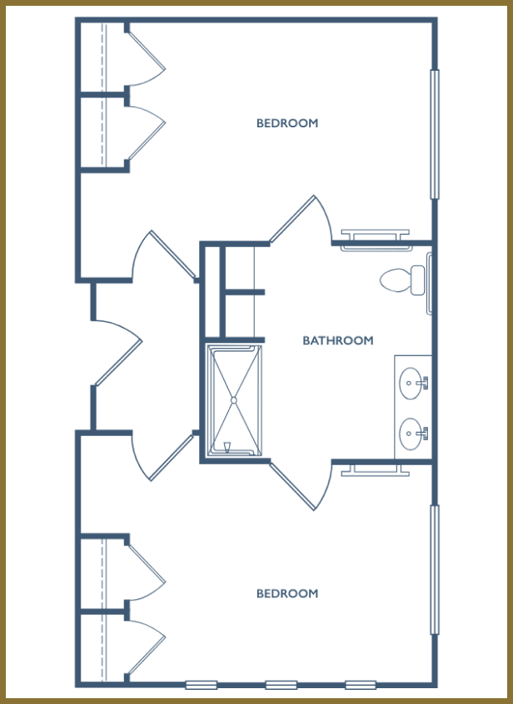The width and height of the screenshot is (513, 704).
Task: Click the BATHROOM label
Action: (338, 340)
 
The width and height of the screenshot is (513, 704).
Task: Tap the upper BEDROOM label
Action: (287, 123)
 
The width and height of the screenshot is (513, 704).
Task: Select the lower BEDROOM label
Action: (287, 593)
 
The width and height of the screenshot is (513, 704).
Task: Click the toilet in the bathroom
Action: (402, 280)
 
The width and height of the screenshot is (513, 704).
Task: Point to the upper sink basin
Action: (411, 383)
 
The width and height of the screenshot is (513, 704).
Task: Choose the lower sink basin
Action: (411, 434)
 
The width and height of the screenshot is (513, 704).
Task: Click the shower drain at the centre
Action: (233, 399)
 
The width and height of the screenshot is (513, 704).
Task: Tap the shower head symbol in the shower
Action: (227, 447)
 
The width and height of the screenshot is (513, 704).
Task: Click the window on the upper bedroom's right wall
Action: (435, 134)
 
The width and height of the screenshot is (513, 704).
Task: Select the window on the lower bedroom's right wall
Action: (435, 569)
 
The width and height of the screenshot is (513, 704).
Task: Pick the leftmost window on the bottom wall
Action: (202, 685)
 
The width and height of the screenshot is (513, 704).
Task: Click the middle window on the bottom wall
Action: (281, 685)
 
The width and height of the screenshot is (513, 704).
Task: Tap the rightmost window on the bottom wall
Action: (361, 685)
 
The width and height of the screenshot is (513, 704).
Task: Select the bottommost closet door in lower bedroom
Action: (147, 655)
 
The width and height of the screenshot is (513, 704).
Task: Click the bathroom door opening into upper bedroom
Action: (300, 219)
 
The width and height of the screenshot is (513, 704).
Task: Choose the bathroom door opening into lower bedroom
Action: (300, 486)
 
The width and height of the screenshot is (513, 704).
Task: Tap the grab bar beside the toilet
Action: (429, 283)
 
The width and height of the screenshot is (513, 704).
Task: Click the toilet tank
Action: (418, 280)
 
